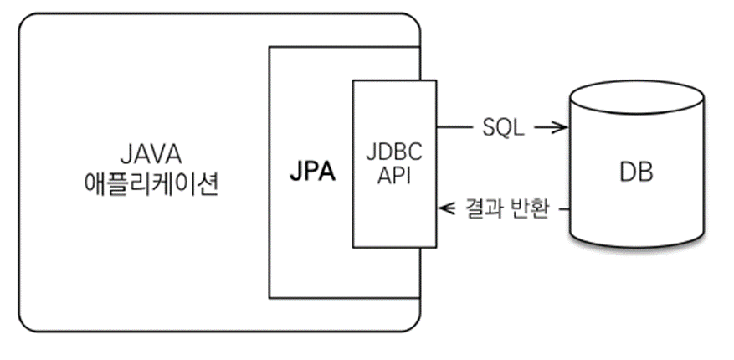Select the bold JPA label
(x=311, y=172)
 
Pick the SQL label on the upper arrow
(x=503, y=127)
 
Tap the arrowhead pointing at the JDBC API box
(x=446, y=208)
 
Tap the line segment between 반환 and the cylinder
(x=562, y=208)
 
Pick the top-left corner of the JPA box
(x=269, y=47)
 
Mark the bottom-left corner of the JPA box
(x=269, y=297)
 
